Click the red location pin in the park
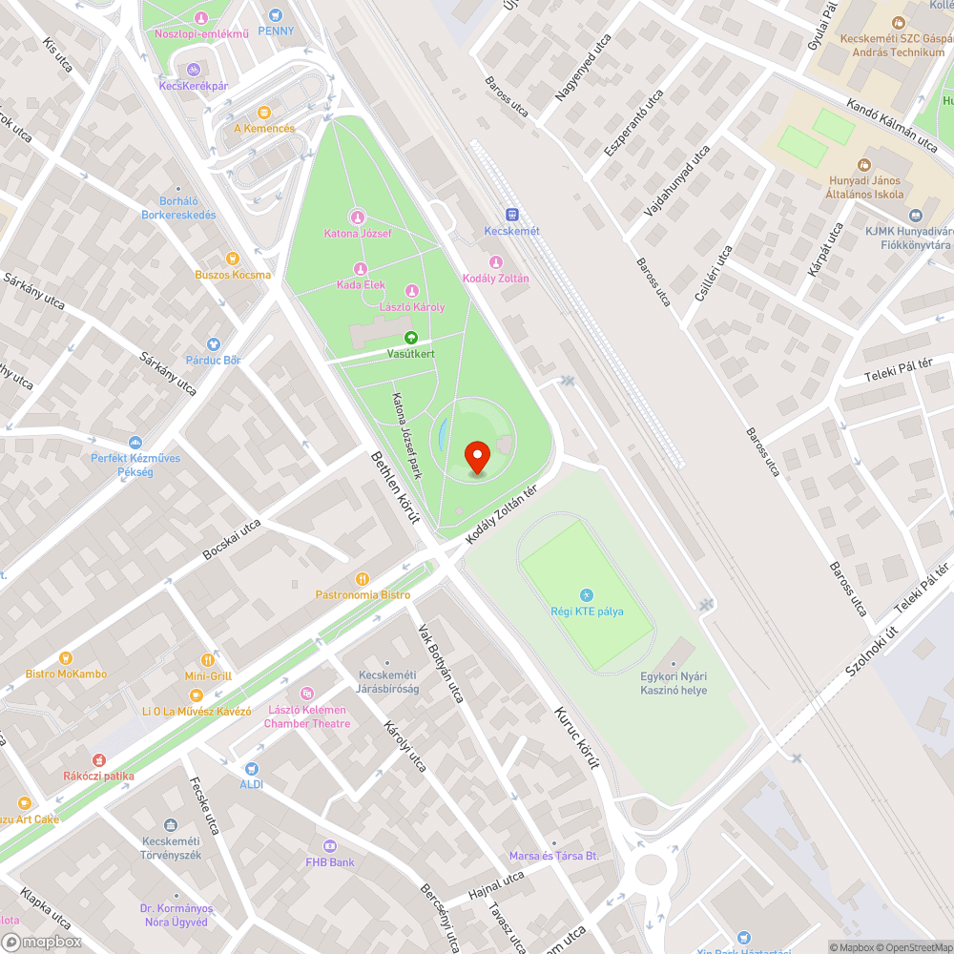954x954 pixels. [x=478, y=456]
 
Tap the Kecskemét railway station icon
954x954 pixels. [x=512, y=215]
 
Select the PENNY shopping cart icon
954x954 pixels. [x=276, y=15]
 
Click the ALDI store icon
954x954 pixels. [x=251, y=768]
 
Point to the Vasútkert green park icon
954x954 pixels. [x=411, y=337]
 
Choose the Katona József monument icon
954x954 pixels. [x=358, y=217]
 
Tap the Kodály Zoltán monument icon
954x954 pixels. [x=495, y=262]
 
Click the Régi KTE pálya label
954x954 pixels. [x=586, y=611]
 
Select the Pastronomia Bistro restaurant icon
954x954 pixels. [x=363, y=578]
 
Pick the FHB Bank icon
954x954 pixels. [x=329, y=846]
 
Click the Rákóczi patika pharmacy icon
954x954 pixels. [x=98, y=759]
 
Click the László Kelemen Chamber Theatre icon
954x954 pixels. [x=307, y=694]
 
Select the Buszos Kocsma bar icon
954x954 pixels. [x=232, y=259]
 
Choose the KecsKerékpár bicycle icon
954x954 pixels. [x=193, y=70]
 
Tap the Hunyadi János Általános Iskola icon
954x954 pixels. [x=864, y=165]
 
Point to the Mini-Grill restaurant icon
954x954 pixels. [x=208, y=659]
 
